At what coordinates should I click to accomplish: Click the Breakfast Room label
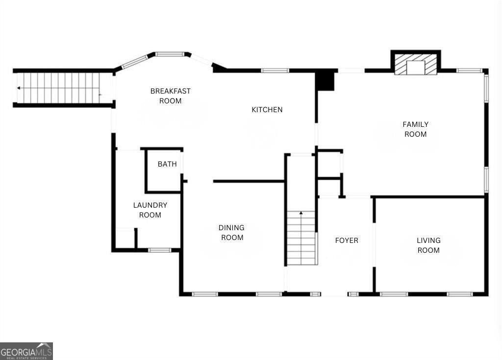170,96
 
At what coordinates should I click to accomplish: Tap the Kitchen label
267,110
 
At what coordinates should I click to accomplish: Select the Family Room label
416,129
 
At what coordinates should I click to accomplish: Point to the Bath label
167,164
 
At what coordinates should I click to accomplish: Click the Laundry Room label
150,210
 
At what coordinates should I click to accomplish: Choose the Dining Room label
231,233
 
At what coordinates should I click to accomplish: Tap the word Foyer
347,240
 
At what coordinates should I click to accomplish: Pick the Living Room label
428,245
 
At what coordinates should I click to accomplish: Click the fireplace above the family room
416,65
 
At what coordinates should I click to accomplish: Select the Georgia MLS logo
26,351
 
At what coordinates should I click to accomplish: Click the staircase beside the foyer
301,238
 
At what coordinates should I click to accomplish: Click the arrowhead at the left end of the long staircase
19,88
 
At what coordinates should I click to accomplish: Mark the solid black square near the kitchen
325,81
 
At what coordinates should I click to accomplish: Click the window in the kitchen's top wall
275,71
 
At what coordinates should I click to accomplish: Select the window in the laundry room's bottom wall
159,250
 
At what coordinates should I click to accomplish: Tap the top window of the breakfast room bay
170,54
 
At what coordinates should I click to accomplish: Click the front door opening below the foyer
334,294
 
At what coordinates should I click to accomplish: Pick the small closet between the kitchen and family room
329,164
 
